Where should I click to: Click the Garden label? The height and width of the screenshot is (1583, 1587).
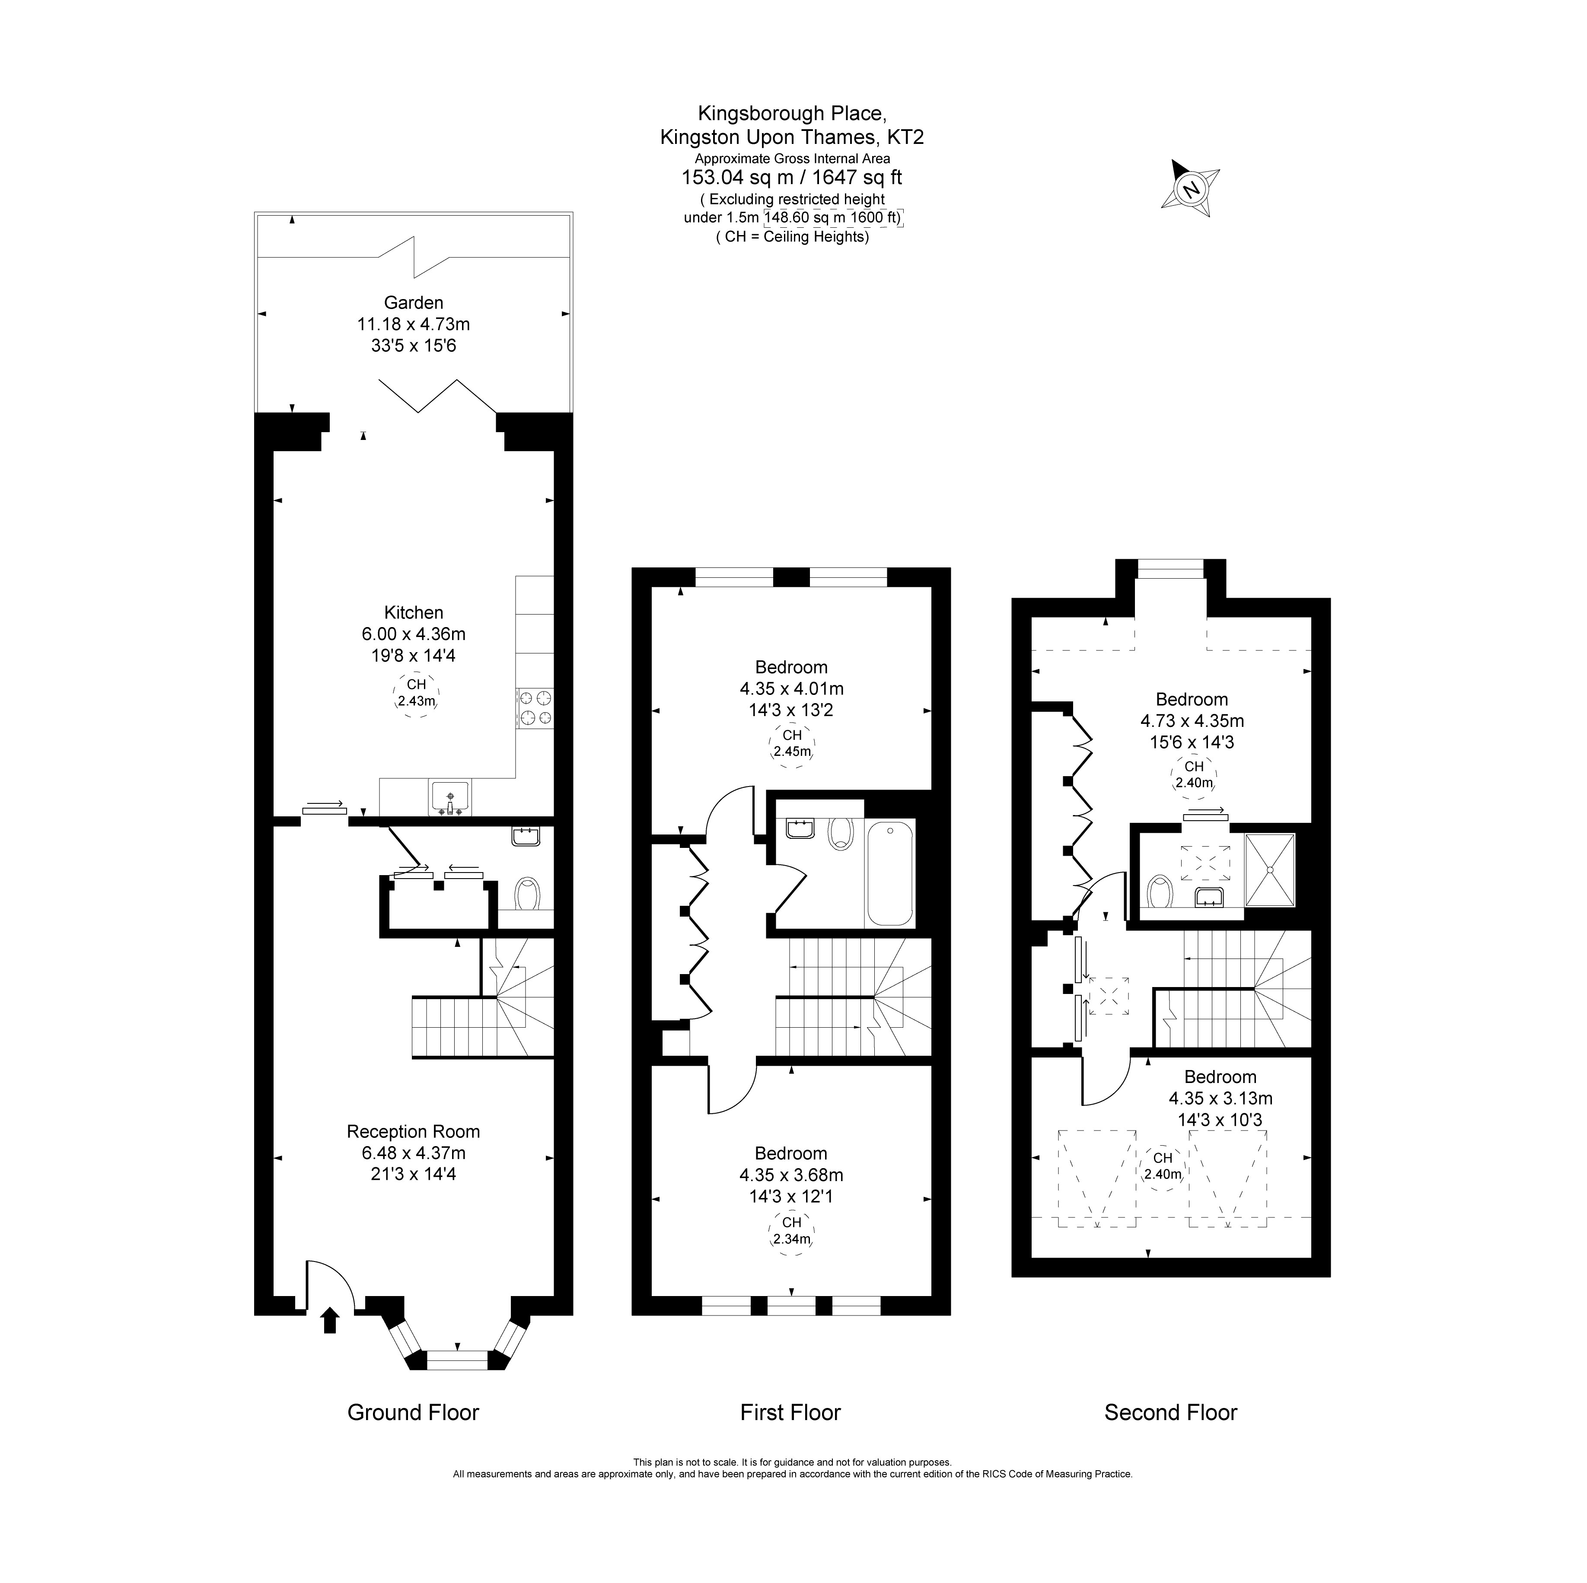413,303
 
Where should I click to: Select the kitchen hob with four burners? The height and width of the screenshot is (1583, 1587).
535,708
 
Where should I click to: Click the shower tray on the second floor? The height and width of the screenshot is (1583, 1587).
1270,870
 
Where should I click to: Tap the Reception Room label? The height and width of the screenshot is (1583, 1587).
413,1131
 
